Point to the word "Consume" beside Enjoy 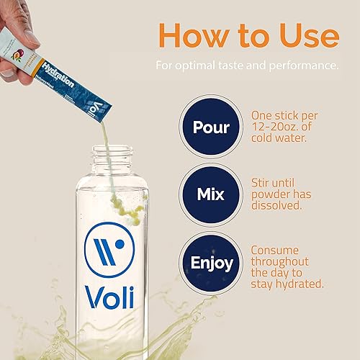click(276, 250)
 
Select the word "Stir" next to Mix click(261, 182)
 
